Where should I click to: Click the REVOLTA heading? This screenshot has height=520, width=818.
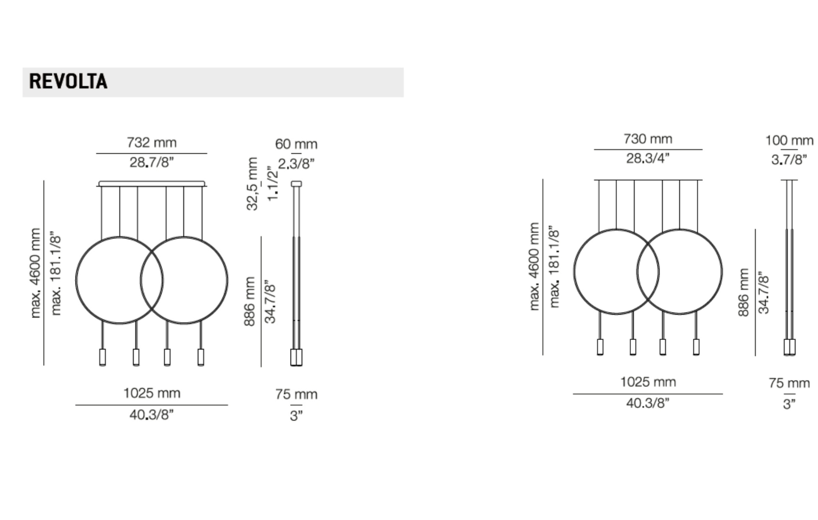[68, 81]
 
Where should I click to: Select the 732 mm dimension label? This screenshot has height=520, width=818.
[152, 143]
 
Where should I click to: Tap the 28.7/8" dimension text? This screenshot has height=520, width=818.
[152, 162]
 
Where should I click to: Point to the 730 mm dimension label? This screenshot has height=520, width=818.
[648, 139]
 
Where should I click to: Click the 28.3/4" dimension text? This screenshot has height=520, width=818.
[648, 158]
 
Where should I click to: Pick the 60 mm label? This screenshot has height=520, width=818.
[296, 144]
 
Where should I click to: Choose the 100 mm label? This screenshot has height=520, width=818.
[789, 140]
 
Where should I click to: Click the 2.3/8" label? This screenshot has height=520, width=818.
[296, 164]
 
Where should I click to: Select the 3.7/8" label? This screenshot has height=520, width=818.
[789, 160]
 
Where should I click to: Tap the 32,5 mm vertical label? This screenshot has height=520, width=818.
[252, 184]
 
